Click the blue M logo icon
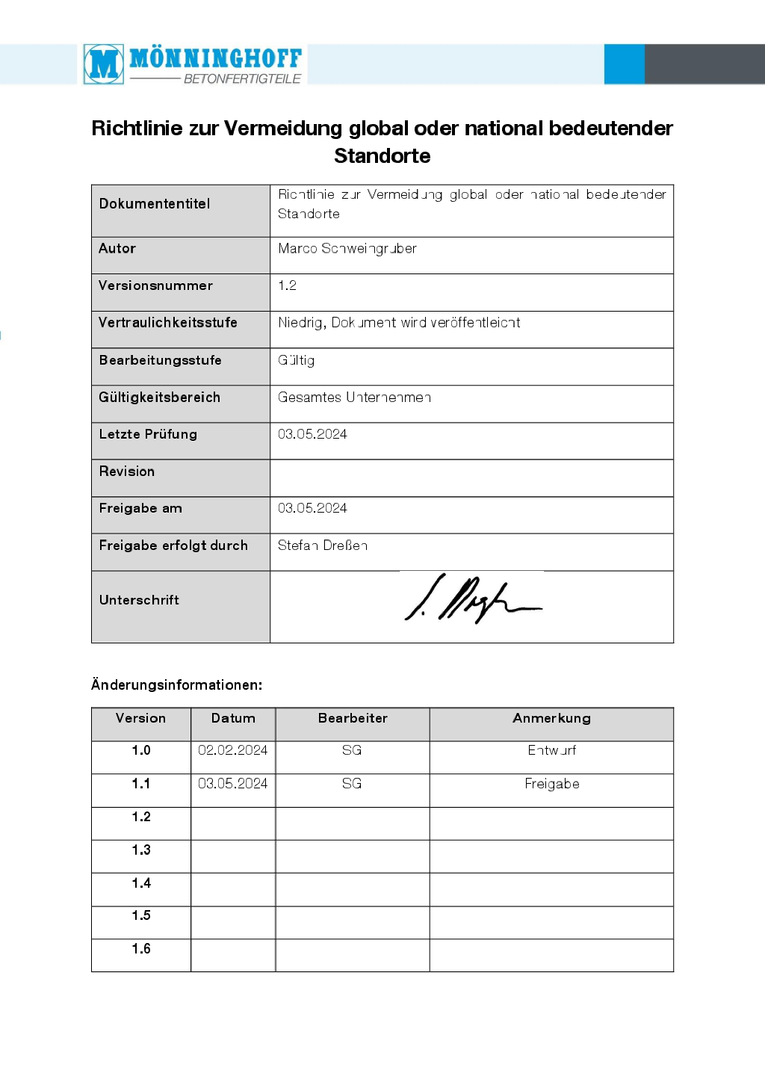(x=104, y=64)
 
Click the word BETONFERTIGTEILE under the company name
(x=242, y=78)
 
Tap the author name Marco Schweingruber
(x=347, y=249)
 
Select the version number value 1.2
(x=288, y=285)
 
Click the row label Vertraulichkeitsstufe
(x=168, y=323)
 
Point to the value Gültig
(x=297, y=360)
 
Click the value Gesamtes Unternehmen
(x=354, y=398)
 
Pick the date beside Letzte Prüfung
(x=312, y=434)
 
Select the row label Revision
(x=127, y=472)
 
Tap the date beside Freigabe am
(x=312, y=508)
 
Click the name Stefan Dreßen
(x=323, y=545)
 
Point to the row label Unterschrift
(x=139, y=600)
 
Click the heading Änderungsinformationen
(x=176, y=684)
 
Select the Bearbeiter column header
(x=353, y=718)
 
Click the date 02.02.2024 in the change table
(x=233, y=750)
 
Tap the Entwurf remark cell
(x=552, y=750)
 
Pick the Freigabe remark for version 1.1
(x=552, y=784)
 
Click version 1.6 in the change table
(x=141, y=949)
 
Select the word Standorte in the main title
(x=382, y=156)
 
